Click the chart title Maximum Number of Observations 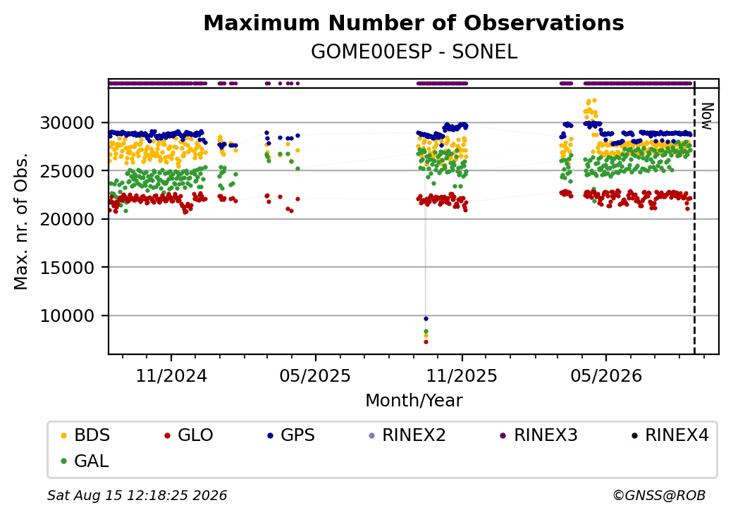coord(414,23)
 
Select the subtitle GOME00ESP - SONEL coord(414,51)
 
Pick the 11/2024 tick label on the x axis coord(171,375)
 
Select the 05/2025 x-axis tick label coord(315,375)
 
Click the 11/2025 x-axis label coord(462,375)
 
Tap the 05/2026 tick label coord(606,375)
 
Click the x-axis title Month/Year coord(414,400)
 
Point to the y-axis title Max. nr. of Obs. coord(21,221)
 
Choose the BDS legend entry coord(86,435)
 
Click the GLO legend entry coord(189,435)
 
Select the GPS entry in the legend coord(291,435)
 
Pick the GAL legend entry coord(85,461)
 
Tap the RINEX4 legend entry coord(670,435)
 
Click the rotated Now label coord(708,116)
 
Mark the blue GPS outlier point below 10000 coord(426,318)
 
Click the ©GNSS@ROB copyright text coord(659,495)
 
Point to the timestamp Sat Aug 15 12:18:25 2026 coord(137,495)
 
